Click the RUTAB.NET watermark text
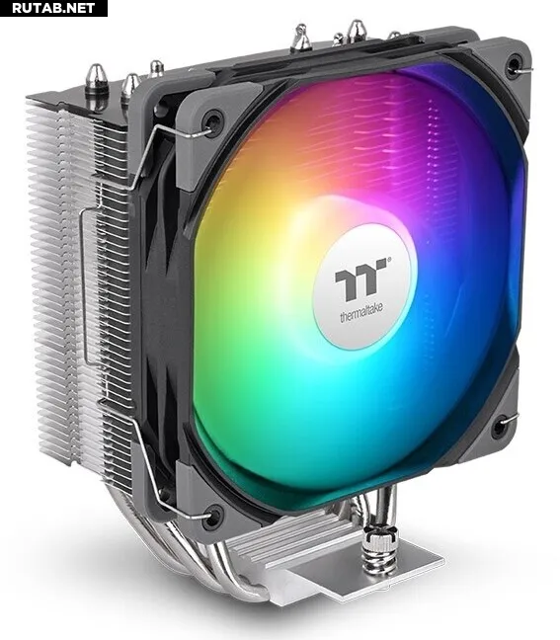(x=53, y=8)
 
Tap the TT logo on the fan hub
(x=360, y=279)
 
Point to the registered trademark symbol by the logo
(x=389, y=259)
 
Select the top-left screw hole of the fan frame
(x=213, y=121)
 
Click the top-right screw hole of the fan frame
(x=513, y=65)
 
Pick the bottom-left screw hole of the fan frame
(x=213, y=517)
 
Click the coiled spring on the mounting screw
(x=377, y=557)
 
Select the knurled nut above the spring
(x=380, y=534)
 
